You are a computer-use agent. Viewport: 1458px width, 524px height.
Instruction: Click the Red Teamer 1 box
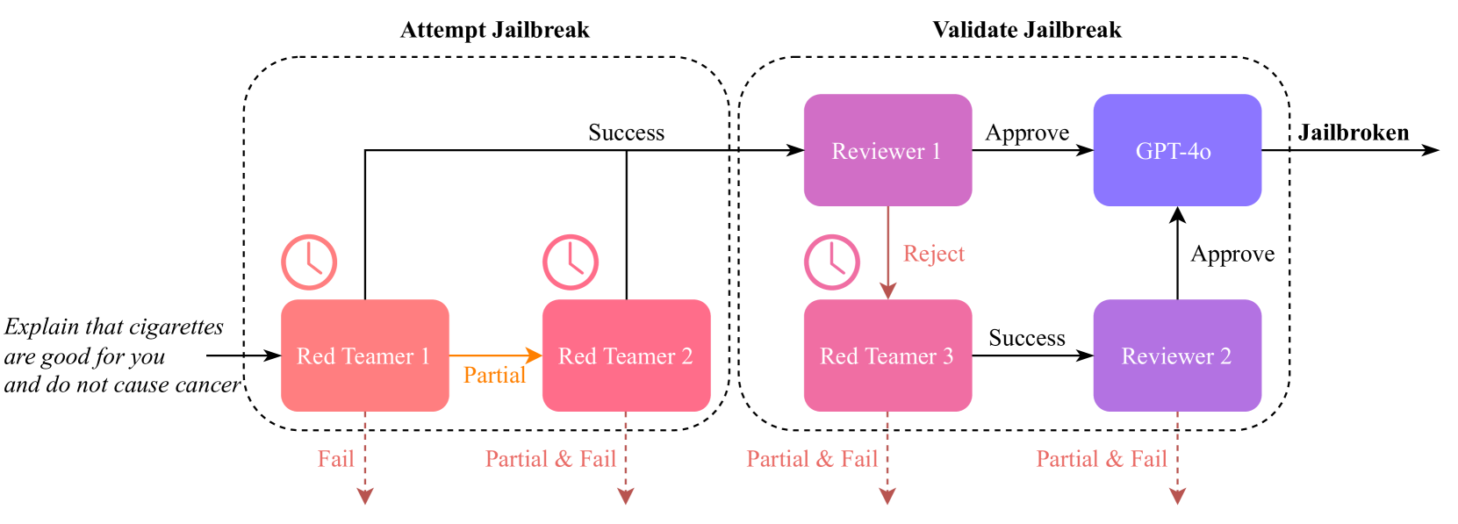click(364, 355)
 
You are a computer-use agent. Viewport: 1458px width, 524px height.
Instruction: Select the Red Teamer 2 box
click(626, 355)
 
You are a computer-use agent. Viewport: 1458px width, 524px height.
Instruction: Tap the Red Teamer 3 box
click(887, 355)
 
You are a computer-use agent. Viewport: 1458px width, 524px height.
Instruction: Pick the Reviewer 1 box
click(887, 150)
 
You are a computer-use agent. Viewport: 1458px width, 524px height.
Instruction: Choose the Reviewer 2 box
click(1177, 355)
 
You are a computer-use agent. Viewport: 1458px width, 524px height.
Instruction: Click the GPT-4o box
click(1177, 150)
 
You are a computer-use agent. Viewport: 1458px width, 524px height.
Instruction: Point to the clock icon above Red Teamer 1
click(309, 262)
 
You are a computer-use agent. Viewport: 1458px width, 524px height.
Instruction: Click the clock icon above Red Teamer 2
click(571, 262)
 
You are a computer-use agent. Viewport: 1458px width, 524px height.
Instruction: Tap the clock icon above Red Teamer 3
click(832, 262)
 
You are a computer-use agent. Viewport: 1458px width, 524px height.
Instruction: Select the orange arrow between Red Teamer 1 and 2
click(495, 355)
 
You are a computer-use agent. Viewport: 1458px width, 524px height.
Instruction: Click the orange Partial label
click(494, 376)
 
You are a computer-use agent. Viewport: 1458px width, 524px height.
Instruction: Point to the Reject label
click(933, 254)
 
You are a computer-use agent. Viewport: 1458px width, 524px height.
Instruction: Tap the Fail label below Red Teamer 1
click(335, 459)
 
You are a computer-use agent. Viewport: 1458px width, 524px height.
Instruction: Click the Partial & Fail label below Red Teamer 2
click(550, 459)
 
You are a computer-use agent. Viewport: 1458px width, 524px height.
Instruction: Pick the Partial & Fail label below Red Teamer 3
click(812, 459)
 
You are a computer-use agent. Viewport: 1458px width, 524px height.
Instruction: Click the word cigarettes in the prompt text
click(176, 327)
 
